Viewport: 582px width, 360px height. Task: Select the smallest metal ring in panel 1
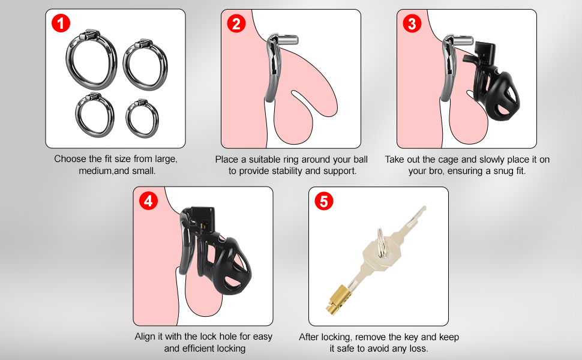click(142, 119)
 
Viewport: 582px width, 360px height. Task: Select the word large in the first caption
click(166, 160)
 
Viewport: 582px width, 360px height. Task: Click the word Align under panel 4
click(146, 337)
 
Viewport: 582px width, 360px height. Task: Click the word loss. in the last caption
click(418, 349)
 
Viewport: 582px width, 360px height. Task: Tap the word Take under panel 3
click(395, 160)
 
